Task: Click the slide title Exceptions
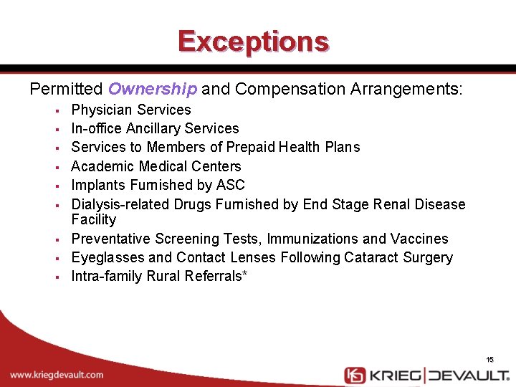click(x=254, y=41)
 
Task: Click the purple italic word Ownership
click(x=152, y=89)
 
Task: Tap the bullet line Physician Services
click(x=131, y=110)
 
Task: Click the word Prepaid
click(x=252, y=147)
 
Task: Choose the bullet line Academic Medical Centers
click(x=156, y=166)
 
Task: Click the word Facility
click(x=93, y=219)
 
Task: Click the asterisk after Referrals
click(x=245, y=274)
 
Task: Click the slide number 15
click(x=489, y=359)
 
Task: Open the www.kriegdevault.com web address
click(x=57, y=374)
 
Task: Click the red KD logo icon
click(x=355, y=375)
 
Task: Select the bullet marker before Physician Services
click(x=55, y=110)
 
